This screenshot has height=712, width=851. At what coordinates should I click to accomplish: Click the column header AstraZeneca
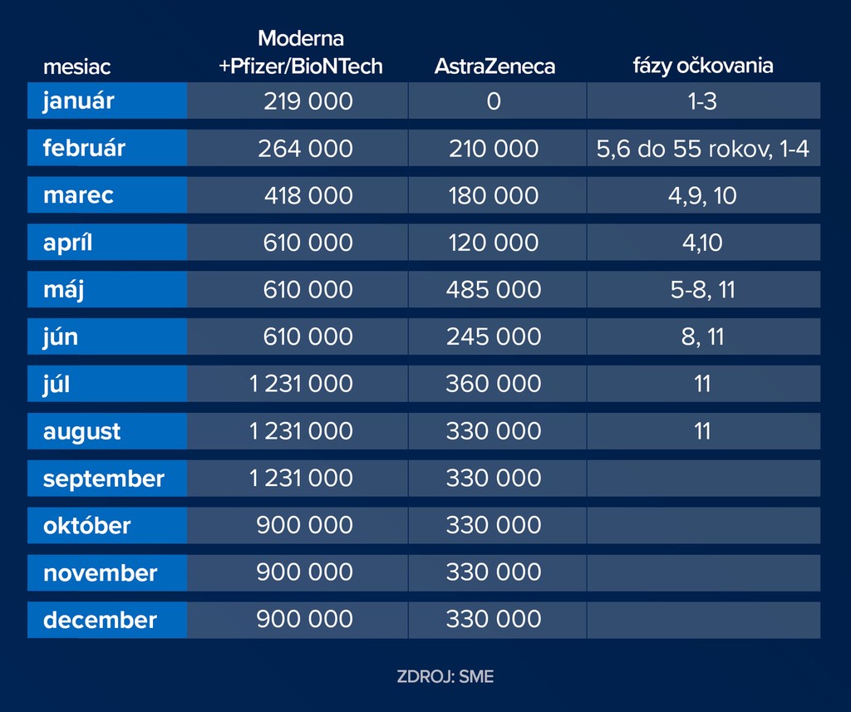494,66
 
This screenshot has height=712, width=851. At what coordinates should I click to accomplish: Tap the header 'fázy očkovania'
703,66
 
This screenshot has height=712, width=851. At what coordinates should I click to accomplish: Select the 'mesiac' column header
77,66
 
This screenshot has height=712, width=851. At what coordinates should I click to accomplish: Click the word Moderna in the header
300,38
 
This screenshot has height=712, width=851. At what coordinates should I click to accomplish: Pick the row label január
79,101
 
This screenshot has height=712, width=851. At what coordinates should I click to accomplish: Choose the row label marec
78,195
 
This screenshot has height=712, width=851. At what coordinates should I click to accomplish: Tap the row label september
104,479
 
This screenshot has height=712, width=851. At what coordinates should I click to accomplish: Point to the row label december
100,620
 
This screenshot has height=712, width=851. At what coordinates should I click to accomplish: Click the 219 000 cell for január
307,101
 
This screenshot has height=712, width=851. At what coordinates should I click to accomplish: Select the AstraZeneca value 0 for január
494,101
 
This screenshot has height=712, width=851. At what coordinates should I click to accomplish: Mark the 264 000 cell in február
305,149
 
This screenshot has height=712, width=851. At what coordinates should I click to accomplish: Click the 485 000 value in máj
494,289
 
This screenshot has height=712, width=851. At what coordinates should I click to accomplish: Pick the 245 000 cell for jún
494,336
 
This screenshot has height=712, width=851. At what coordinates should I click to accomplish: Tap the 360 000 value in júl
494,384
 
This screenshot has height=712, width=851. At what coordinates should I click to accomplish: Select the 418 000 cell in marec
308,195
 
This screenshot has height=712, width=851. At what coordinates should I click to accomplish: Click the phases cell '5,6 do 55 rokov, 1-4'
703,149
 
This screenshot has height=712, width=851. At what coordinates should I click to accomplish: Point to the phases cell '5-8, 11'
703,289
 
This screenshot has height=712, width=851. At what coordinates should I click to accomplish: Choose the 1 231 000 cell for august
301,431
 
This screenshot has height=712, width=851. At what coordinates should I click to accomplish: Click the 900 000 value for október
304,525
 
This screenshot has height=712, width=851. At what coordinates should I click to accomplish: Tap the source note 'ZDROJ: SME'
445,676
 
